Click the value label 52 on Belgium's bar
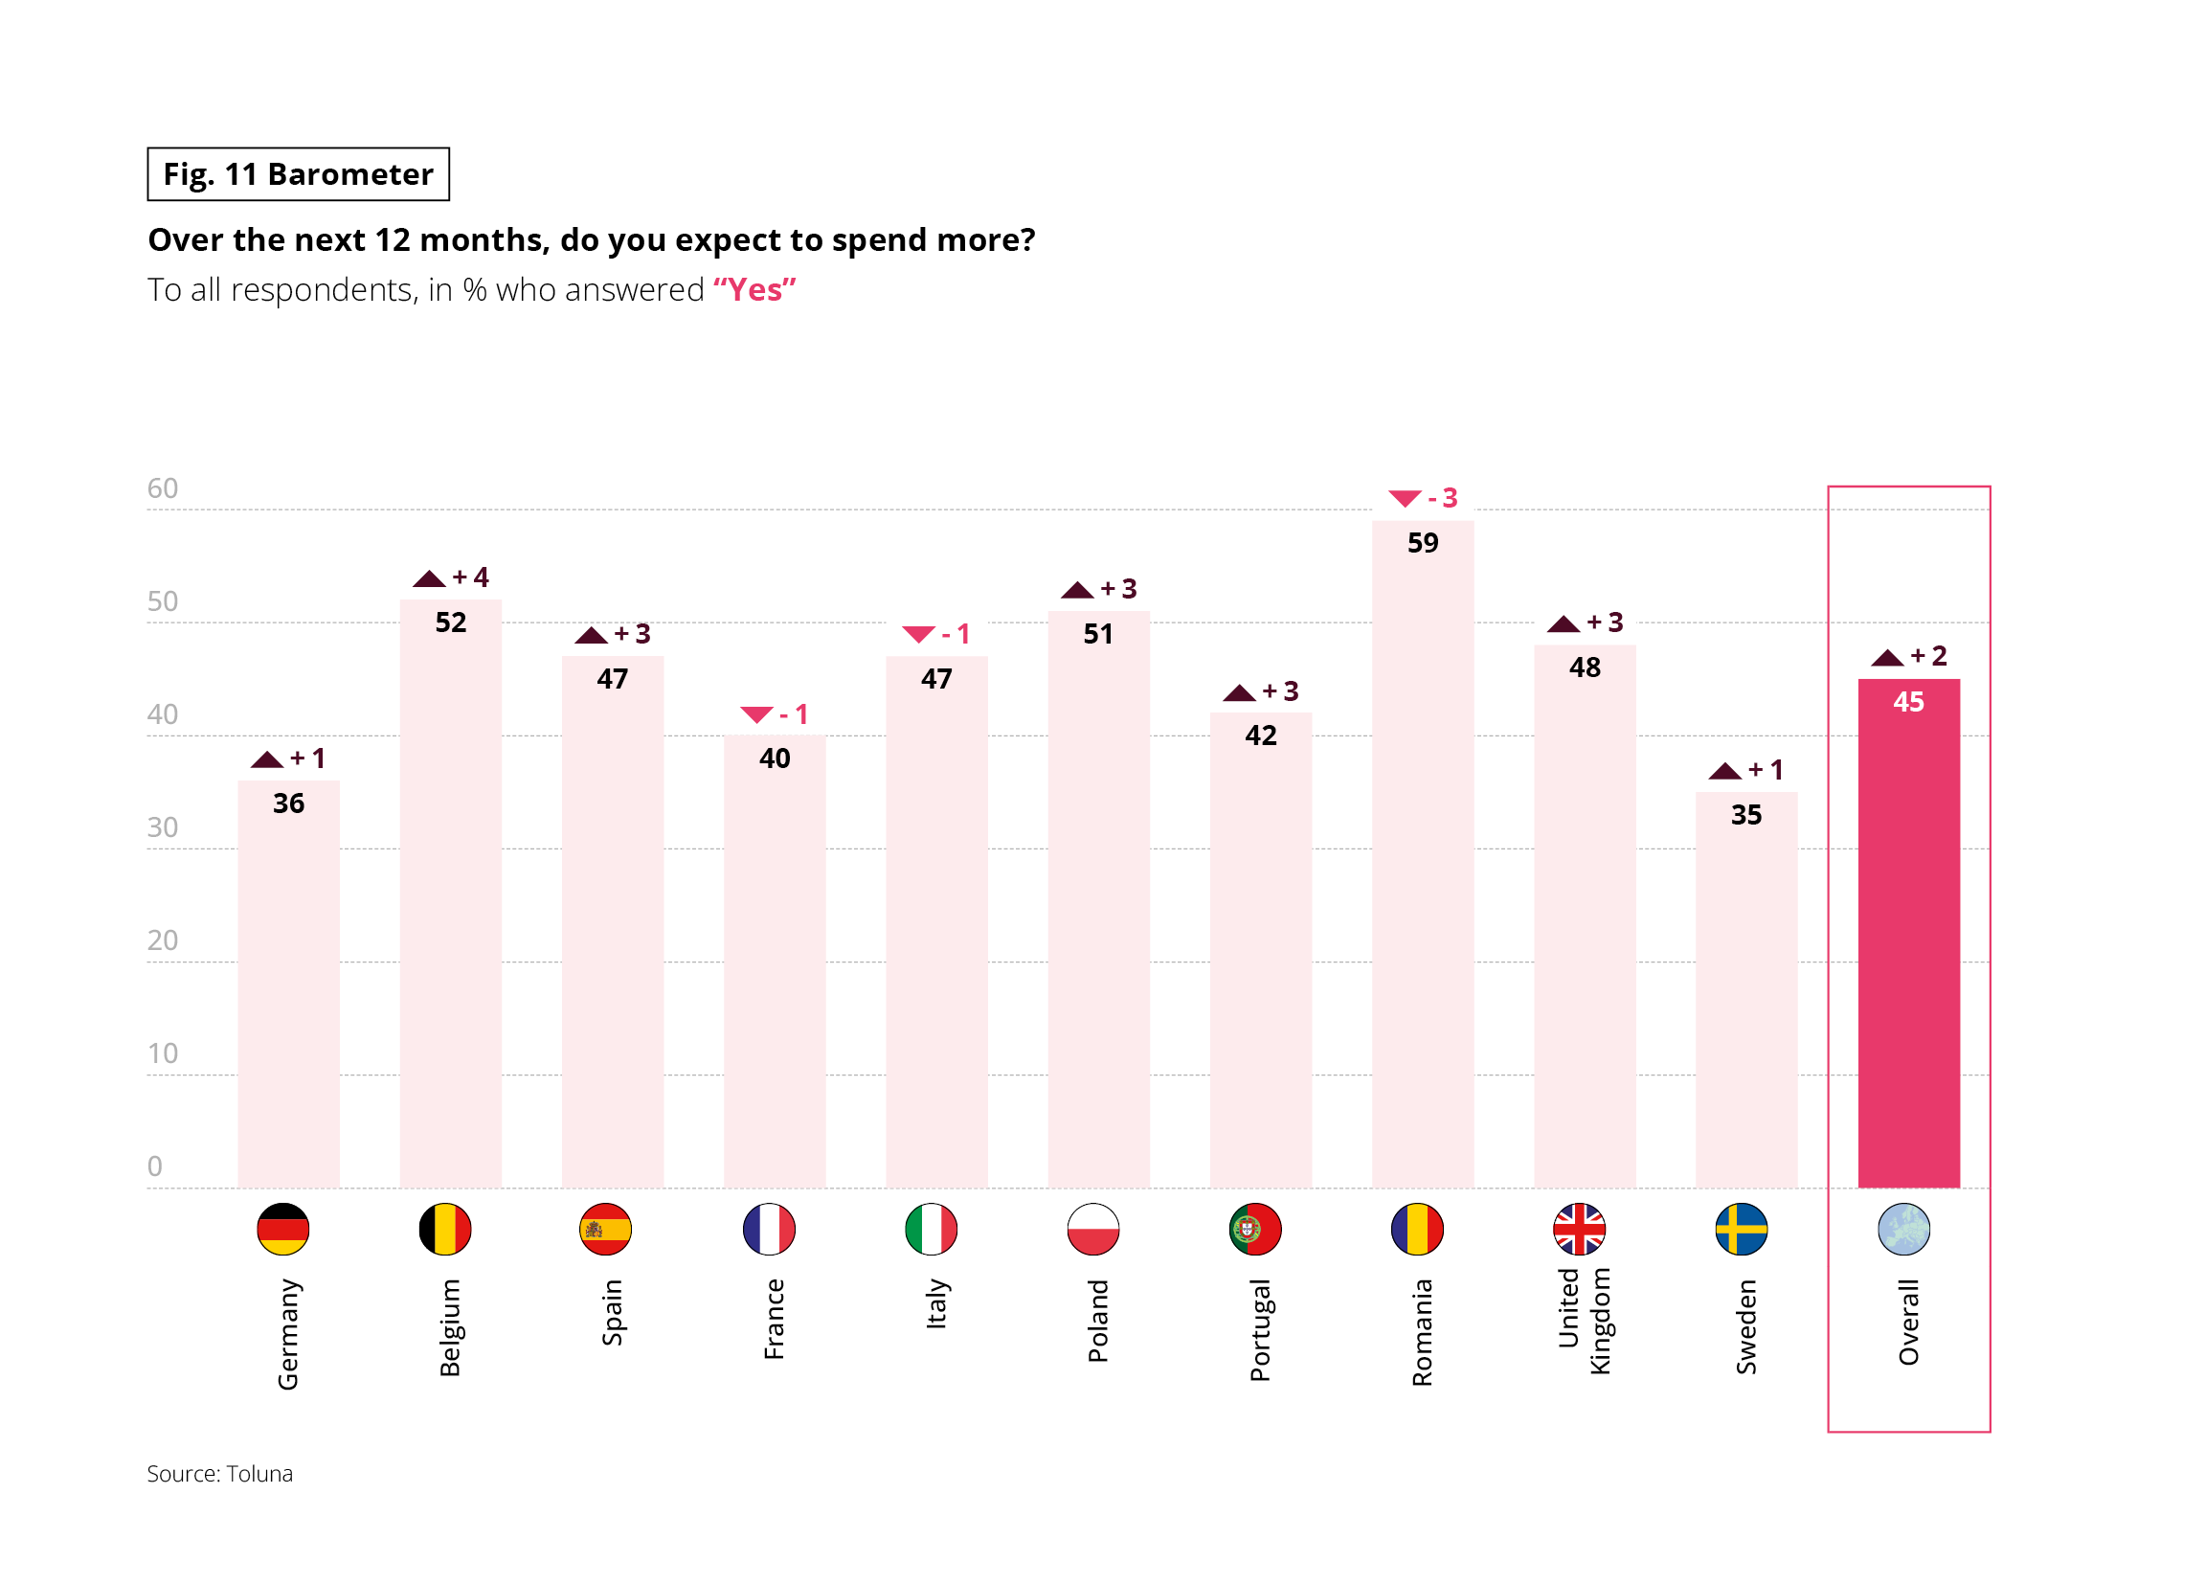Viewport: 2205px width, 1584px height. pos(450,622)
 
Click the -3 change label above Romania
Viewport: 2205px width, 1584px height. pos(1443,498)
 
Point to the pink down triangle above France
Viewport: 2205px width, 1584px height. pos(756,714)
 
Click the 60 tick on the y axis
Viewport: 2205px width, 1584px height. pos(163,488)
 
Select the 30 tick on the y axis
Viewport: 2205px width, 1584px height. pos(163,827)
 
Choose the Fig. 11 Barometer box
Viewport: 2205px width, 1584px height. pos(299,174)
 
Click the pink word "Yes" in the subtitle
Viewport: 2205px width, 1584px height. pos(754,290)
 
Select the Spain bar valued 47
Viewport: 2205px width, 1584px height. pos(613,924)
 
